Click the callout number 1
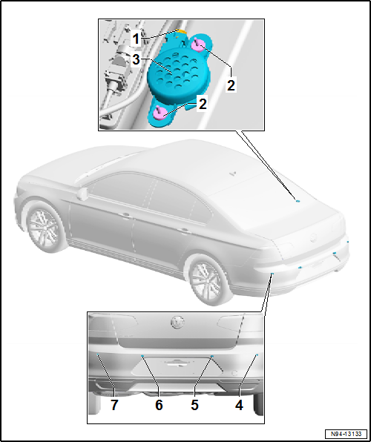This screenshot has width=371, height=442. [136, 36]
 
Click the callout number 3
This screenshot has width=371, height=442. [136, 58]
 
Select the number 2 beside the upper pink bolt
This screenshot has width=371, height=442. [231, 85]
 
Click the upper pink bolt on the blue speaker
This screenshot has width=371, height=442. [198, 46]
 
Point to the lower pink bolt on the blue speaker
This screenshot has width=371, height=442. [161, 113]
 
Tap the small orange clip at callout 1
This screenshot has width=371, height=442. [180, 33]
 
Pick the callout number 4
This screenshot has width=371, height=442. [240, 406]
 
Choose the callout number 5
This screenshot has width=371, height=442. [195, 406]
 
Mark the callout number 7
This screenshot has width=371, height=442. [114, 406]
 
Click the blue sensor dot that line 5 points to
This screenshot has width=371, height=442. [211, 357]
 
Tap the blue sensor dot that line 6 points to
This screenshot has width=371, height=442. [142, 357]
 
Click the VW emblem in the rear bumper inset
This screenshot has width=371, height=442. [177, 323]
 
